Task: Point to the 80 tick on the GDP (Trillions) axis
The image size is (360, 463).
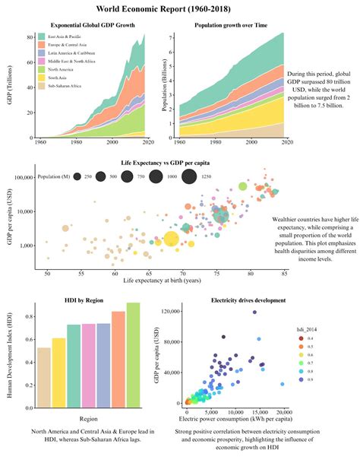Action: coord(31,36)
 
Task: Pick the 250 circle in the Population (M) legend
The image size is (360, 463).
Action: coord(78,176)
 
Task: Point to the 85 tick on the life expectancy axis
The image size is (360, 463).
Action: coord(284,272)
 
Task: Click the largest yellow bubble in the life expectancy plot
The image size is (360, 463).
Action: coord(172,240)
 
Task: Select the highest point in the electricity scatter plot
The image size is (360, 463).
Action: coord(254,312)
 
